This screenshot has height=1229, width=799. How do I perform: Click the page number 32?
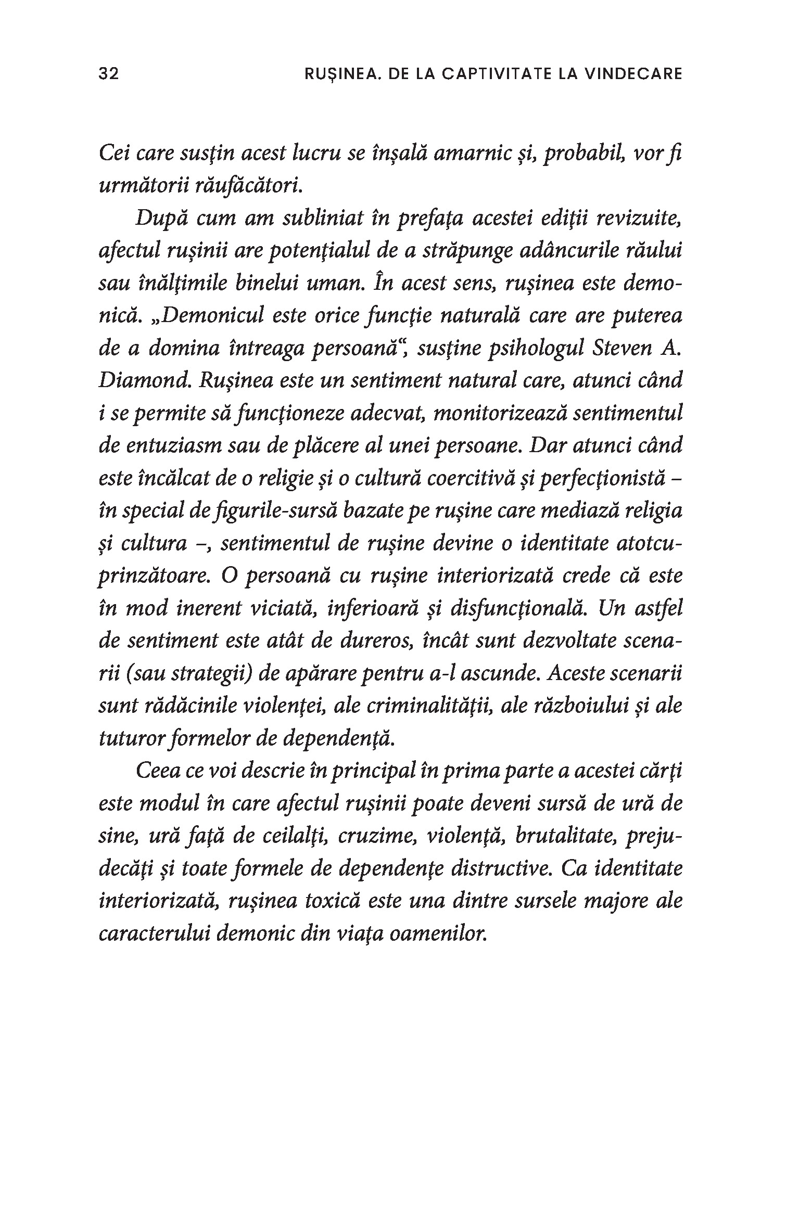tap(109, 74)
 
